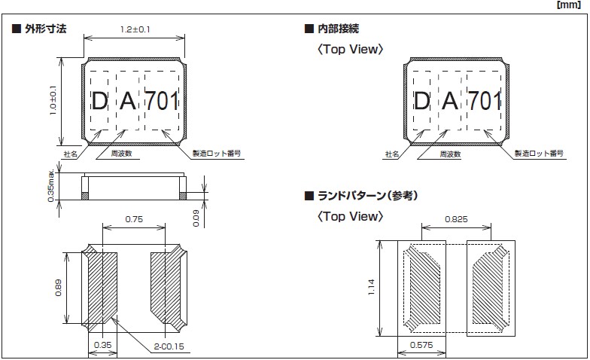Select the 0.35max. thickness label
point(50,182)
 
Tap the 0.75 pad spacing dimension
point(133,220)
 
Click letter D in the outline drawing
point(99,101)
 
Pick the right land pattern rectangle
point(490,287)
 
